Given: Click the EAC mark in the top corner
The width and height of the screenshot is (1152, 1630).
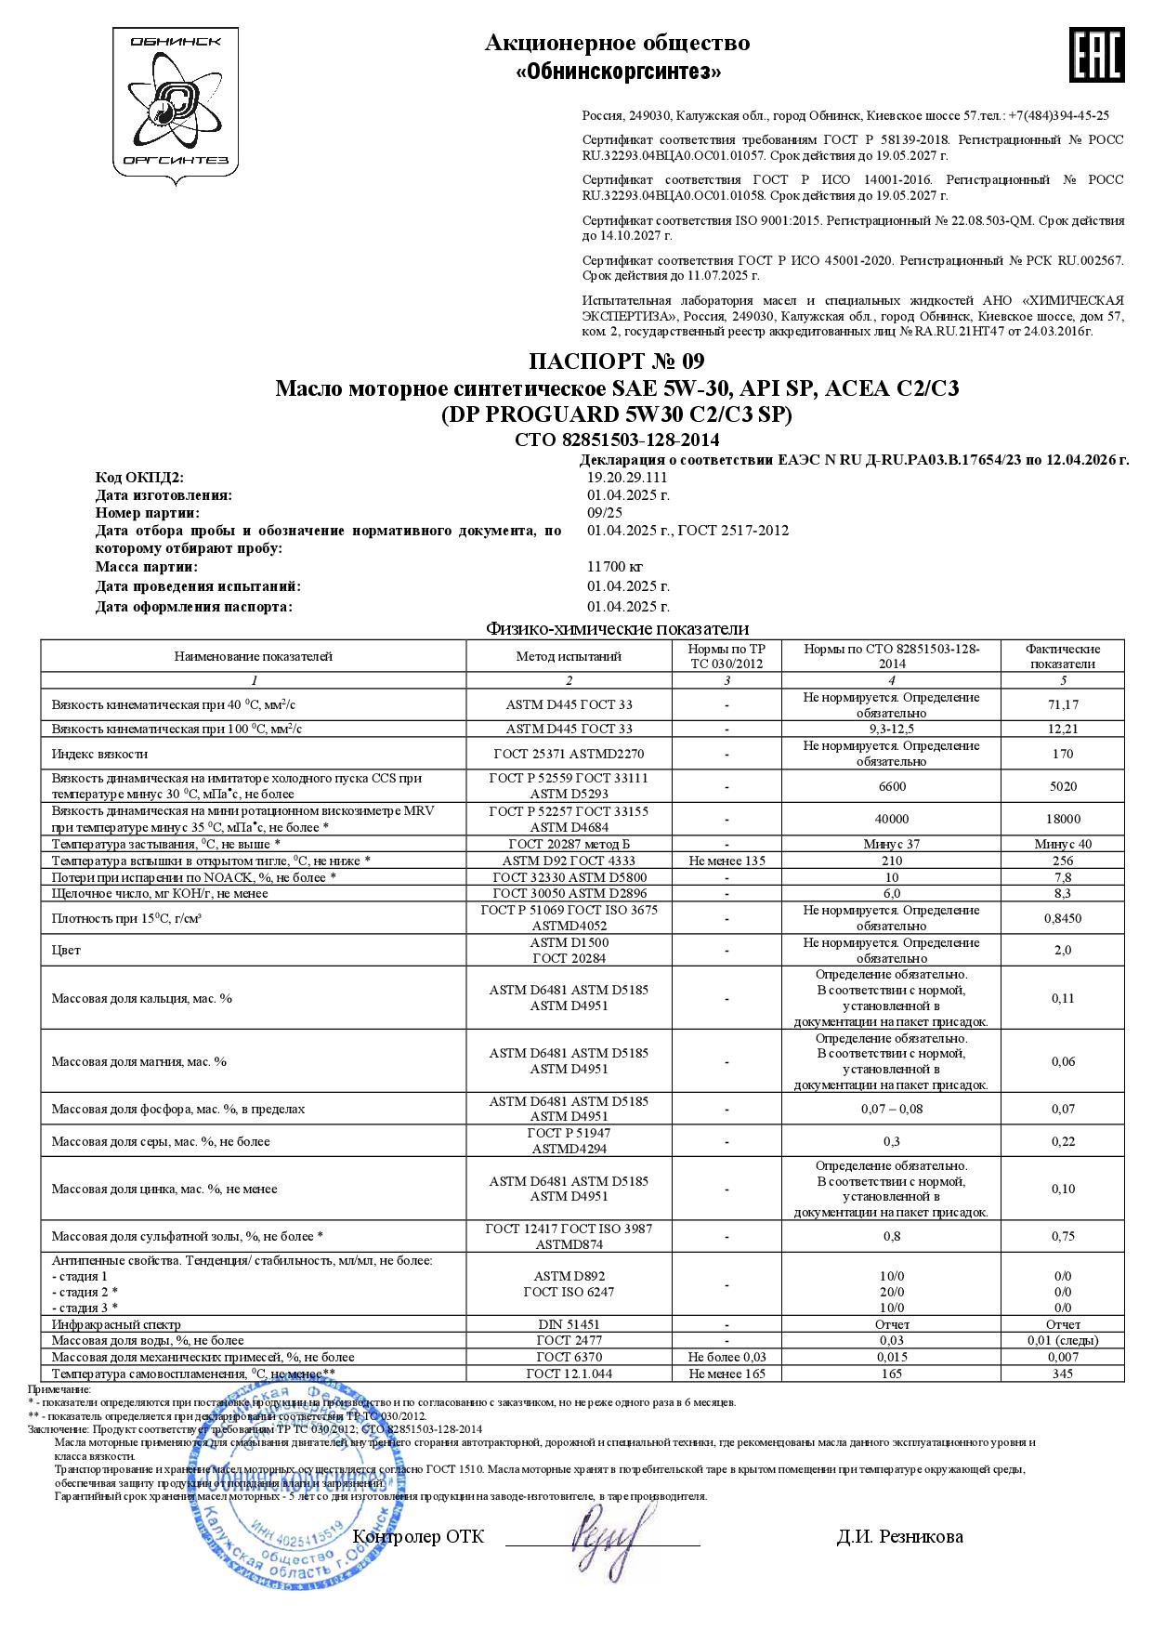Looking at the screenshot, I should pos(1097,55).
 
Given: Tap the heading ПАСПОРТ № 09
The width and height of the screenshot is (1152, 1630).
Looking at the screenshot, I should pos(617,361).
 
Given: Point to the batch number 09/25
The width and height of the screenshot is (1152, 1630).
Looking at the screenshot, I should pos(605,513).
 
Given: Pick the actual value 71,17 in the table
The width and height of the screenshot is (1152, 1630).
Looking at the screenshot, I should pos(1063,705).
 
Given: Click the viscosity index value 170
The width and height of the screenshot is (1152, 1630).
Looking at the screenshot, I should pos(1063,754).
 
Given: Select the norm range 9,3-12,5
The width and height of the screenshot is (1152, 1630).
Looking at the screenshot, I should pos(891,730).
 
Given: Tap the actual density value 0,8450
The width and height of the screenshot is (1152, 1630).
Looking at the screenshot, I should pos(1063,918).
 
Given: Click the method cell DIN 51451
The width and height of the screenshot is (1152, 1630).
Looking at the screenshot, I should pos(569,1324).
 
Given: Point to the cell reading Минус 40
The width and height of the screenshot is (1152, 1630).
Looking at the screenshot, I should pos(1063,844).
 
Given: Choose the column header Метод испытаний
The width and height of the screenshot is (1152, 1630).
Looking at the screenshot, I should pos(569,656).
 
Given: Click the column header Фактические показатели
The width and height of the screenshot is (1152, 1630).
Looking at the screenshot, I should pos(1063,656).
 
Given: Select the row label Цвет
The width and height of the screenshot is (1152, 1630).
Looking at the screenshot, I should pos(66,950).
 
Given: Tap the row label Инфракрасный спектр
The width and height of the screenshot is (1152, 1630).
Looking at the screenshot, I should pos(116,1324).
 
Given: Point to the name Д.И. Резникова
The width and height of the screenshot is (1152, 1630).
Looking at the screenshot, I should pos(899,1536).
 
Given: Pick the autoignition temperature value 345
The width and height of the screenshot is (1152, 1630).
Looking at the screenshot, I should pos(1063,1374).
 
